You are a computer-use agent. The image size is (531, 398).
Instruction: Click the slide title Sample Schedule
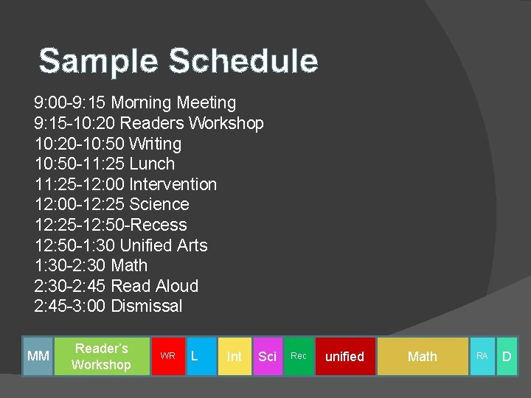(x=178, y=60)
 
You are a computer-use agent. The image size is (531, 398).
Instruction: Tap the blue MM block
(x=38, y=356)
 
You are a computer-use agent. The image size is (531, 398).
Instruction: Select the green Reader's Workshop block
(x=102, y=356)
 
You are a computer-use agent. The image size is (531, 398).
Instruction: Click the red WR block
(x=167, y=356)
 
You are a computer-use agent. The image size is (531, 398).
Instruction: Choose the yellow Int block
(x=234, y=356)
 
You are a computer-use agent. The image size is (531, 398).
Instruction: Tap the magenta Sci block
(x=267, y=356)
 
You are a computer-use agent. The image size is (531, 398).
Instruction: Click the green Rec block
(x=299, y=356)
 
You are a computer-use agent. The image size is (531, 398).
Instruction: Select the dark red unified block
(x=344, y=356)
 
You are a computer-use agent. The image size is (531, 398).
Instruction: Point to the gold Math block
(x=423, y=356)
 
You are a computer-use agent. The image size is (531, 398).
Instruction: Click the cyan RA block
(x=482, y=356)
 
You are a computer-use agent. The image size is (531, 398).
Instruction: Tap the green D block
(x=507, y=356)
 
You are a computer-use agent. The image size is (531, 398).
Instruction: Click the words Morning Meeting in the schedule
(x=173, y=102)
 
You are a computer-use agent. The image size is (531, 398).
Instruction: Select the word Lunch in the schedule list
(x=152, y=164)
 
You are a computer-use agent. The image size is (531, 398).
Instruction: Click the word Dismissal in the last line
(x=146, y=306)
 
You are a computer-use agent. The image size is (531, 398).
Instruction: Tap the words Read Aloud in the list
(x=154, y=286)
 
